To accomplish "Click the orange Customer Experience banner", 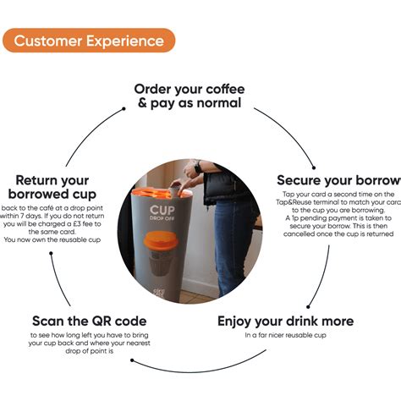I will click(89, 40).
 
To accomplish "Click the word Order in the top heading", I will click(157, 90).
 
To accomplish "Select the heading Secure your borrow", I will click(338, 180).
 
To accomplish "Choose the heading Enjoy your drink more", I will click(285, 321).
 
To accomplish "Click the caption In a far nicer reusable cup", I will click(285, 337).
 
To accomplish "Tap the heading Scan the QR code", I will click(89, 321).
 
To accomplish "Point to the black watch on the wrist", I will click(198, 168).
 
